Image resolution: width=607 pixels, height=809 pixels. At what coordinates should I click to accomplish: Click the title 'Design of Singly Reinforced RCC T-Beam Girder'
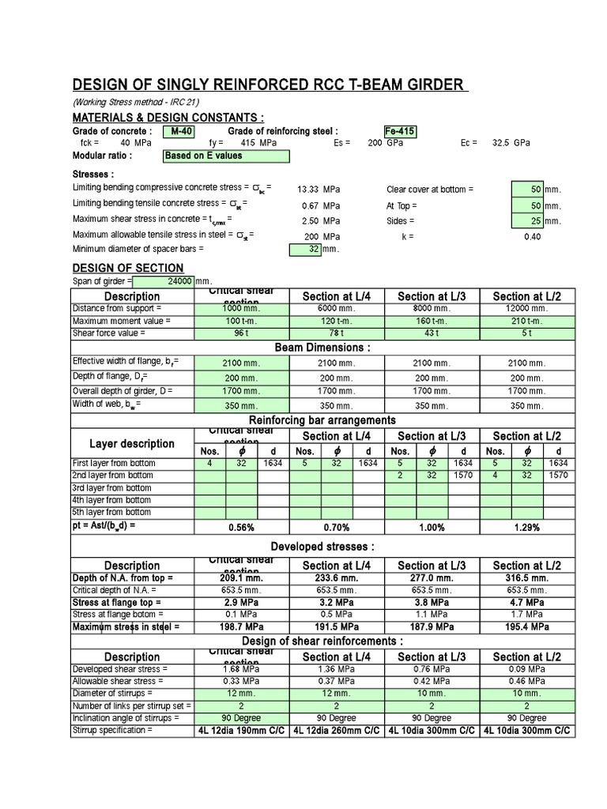pyautogui.click(x=270, y=85)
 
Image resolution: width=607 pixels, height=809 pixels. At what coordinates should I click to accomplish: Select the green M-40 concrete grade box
pyautogui.click(x=179, y=131)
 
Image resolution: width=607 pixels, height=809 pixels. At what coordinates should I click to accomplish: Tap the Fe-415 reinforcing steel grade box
pyautogui.click(x=399, y=131)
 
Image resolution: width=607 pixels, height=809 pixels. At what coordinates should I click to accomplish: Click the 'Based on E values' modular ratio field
pyautogui.click(x=225, y=156)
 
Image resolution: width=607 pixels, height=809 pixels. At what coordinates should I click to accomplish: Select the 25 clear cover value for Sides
pyautogui.click(x=527, y=221)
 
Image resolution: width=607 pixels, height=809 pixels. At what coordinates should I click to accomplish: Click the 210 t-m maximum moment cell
pyautogui.click(x=526, y=322)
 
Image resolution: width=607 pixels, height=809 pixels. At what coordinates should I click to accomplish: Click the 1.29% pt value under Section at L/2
pyautogui.click(x=526, y=527)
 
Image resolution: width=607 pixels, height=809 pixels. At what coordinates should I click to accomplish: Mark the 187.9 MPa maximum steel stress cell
pyautogui.click(x=432, y=627)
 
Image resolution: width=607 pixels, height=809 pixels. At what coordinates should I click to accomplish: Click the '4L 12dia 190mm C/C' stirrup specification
pyautogui.click(x=242, y=732)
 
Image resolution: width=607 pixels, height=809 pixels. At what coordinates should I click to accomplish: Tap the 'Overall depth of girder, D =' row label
pyautogui.click(x=122, y=390)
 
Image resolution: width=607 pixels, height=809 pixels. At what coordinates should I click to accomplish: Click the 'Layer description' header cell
pyautogui.click(x=132, y=443)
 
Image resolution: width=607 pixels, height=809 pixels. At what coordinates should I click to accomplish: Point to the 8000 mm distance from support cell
pyautogui.click(x=432, y=308)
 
